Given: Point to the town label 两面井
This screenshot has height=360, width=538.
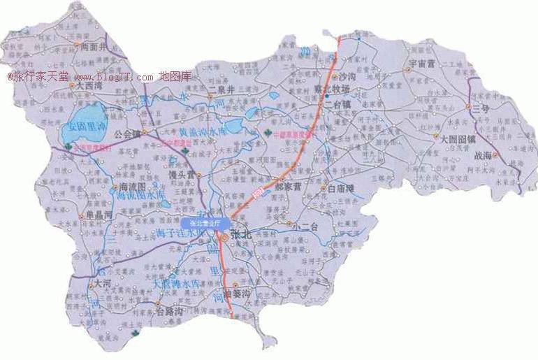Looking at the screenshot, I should pos(96,47).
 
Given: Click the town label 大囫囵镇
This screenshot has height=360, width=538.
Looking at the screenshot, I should pos(457,138).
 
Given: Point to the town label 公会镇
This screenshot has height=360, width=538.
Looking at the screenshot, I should pos(127,132).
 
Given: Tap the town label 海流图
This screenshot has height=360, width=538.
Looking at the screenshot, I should pos(133,187).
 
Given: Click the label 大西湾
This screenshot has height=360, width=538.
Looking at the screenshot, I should pos(89,86).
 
